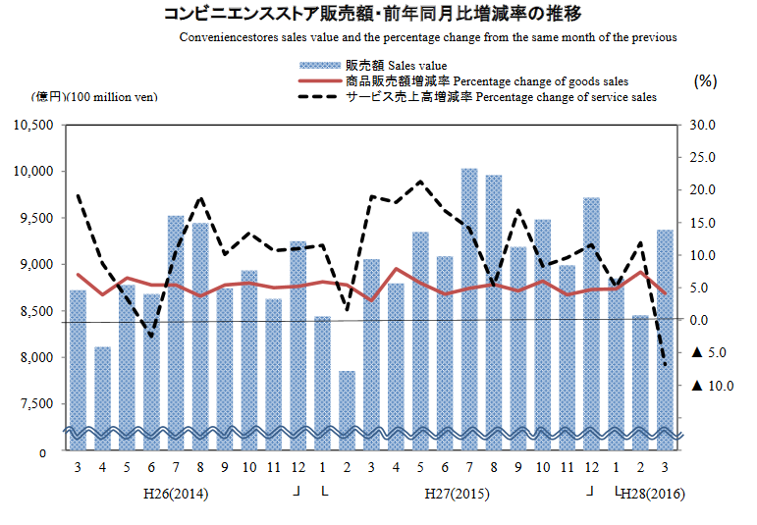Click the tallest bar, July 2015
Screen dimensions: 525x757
pyautogui.click(x=469, y=304)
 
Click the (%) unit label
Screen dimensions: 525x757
pyautogui.click(x=705, y=81)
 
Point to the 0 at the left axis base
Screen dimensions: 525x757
pyautogui.click(x=42, y=453)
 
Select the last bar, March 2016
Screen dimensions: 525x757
pyautogui.click(x=665, y=334)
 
